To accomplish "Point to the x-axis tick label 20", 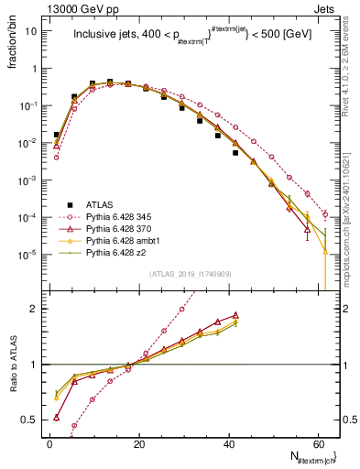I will click(x=138, y=443).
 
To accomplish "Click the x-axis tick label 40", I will click(x=228, y=443).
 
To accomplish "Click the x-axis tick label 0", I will click(x=49, y=443).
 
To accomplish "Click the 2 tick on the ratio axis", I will click(x=36, y=309).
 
